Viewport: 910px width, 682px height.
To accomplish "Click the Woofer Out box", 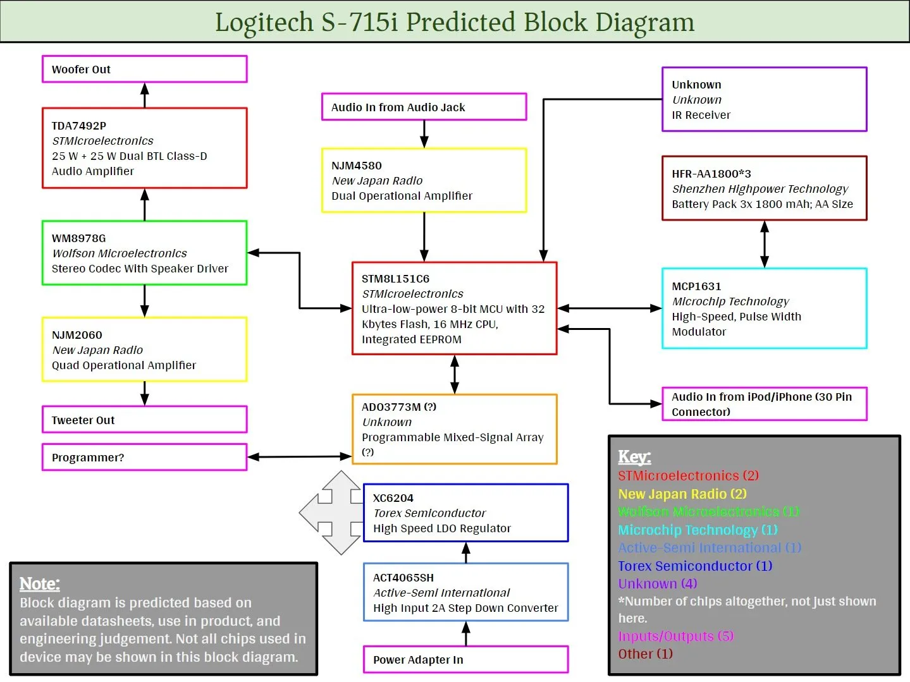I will pos(144,70).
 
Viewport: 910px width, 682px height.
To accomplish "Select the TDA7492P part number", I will pos(79,126).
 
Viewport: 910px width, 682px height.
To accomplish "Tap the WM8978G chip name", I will pos(79,238).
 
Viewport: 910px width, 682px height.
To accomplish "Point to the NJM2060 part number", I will pos(77,335).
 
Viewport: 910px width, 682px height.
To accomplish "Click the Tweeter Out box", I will pos(144,420).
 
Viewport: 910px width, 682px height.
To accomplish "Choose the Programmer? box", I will pos(144,458).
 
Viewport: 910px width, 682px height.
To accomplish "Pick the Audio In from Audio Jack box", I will pos(424,107).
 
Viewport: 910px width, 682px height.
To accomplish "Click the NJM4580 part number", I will pos(357,166).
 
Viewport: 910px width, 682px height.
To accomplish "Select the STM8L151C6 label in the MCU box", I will pos(395,279).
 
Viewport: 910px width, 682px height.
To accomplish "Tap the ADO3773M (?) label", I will pos(399,407).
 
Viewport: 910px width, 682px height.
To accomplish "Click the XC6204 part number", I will pos(393,498).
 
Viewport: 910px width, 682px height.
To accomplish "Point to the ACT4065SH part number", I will pos(403,578).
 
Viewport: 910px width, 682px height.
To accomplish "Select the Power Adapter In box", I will pos(465,660).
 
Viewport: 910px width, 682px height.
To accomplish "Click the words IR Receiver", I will pos(701,115).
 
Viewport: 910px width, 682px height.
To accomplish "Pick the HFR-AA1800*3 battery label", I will pos(711,174).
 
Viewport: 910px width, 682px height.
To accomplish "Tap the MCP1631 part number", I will pos(696,286).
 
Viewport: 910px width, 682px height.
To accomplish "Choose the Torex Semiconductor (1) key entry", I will pos(695,566).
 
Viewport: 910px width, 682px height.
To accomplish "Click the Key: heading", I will pos(634,457).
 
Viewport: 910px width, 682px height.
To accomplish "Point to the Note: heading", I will pos(40,584).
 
